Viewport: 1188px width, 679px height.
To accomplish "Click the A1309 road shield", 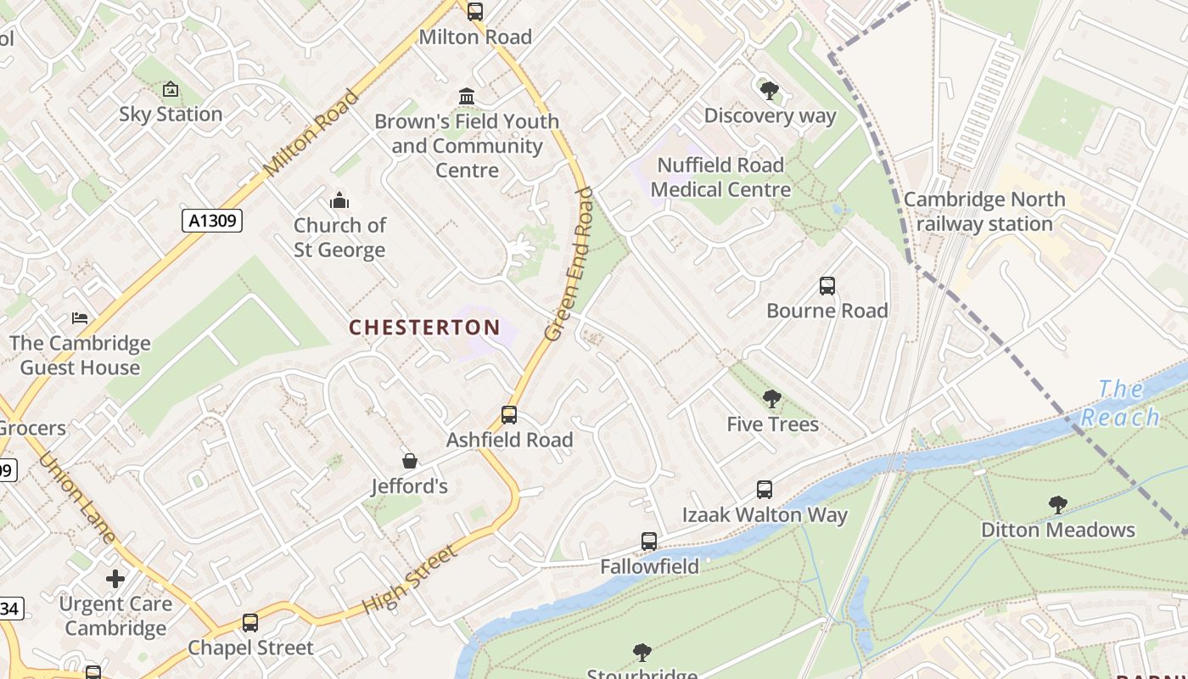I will coord(212,221).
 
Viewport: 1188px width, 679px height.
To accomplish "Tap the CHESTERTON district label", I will coord(424,328).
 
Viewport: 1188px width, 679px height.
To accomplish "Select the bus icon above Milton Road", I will coord(475,12).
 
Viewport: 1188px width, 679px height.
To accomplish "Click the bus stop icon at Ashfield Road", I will coord(509,415).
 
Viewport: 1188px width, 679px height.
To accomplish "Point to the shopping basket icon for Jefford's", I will coord(410,461).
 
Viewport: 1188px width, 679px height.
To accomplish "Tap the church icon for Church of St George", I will coord(339,200).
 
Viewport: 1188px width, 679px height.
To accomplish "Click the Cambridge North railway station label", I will coord(984,212).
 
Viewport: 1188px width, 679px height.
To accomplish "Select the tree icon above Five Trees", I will coord(771,399).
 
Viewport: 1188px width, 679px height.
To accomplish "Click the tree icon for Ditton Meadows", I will coord(1057,505).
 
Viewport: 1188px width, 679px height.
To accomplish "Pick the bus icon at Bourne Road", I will coord(827,286).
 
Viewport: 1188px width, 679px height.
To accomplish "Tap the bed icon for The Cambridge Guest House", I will coord(80,318).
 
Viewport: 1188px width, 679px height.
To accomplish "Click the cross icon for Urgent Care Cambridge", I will coord(115,579).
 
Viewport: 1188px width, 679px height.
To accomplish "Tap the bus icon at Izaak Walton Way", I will coord(765,490).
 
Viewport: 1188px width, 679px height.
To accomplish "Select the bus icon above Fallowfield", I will coord(649,542).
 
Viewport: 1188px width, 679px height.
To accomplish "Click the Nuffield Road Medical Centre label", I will coord(720,177).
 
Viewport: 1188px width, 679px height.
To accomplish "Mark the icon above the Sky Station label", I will coord(171,89).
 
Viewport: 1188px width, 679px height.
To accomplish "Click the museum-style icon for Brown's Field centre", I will coord(467,97).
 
